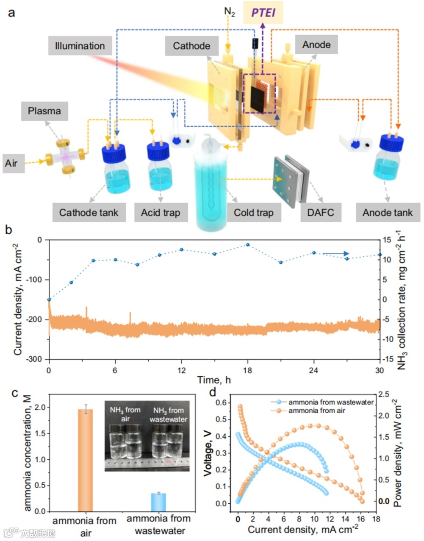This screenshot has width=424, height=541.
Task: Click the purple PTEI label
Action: pos(263,12)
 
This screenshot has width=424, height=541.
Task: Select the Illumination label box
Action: pos(80,46)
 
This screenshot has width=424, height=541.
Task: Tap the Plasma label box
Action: pos(44,111)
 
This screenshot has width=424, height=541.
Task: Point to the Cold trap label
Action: pos(254,212)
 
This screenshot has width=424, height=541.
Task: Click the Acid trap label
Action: pos(161,212)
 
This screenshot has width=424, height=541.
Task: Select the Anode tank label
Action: pos(387,212)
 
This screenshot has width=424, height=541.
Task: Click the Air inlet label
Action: pos(11,163)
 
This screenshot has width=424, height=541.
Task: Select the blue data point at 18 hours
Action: pos(248,245)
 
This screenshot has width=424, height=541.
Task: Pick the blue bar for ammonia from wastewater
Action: pos(158,502)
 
